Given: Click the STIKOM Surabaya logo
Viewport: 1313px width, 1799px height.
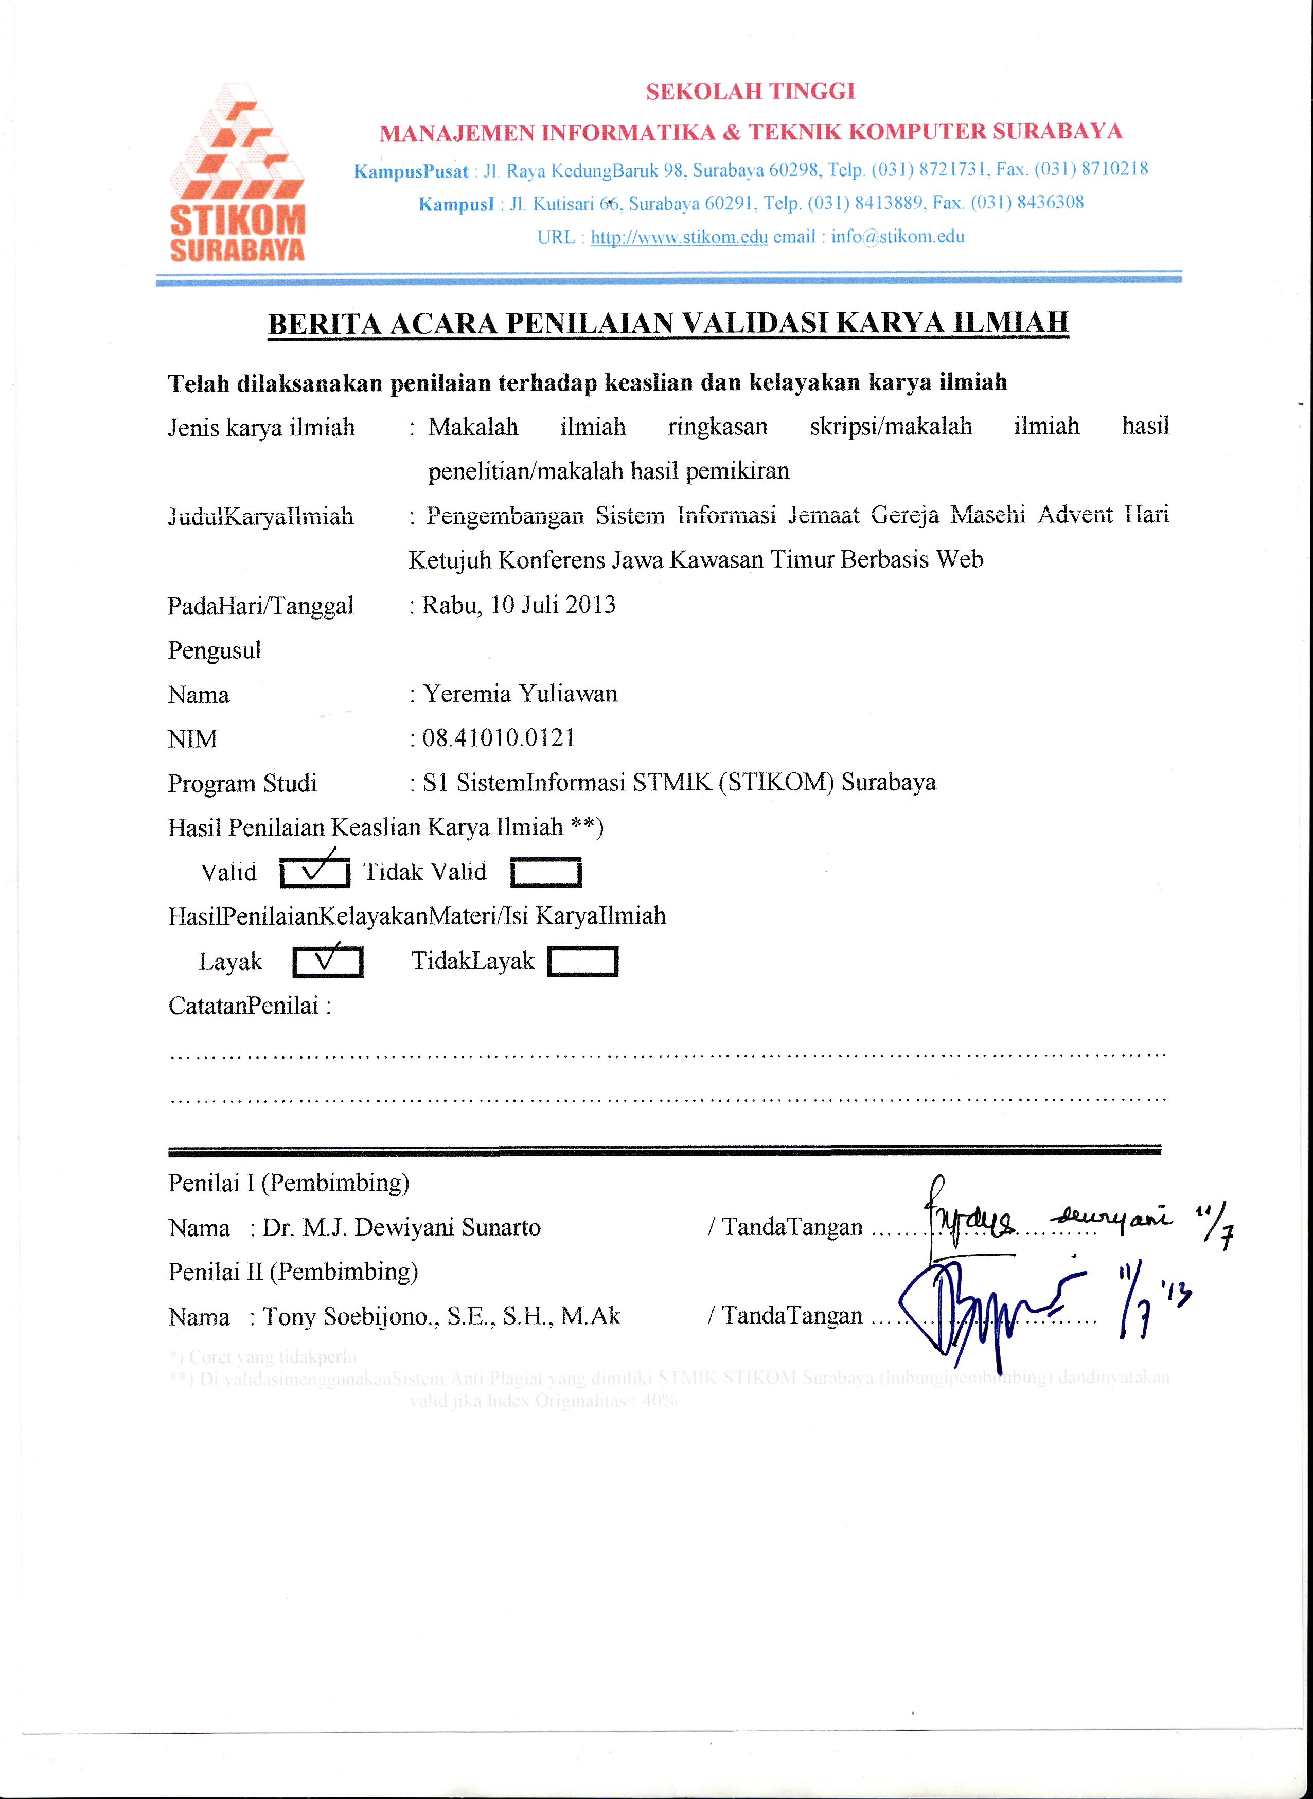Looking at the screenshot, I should point(237,173).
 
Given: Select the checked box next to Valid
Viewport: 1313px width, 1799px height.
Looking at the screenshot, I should point(315,873).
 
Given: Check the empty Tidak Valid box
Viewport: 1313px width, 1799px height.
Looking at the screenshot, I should point(545,873).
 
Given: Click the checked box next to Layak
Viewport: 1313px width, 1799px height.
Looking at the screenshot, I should point(327,962).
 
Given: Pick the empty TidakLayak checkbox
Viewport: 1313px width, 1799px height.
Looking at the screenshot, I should point(582,961).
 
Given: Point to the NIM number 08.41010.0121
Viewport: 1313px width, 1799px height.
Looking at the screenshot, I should point(499,738).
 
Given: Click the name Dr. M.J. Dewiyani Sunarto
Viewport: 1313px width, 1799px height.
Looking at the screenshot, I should point(401,1227).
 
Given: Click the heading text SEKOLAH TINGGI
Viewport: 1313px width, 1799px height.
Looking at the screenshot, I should point(750,92).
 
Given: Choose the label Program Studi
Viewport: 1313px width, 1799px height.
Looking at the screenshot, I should point(242,783).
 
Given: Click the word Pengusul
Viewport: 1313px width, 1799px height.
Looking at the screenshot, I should point(215,650).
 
